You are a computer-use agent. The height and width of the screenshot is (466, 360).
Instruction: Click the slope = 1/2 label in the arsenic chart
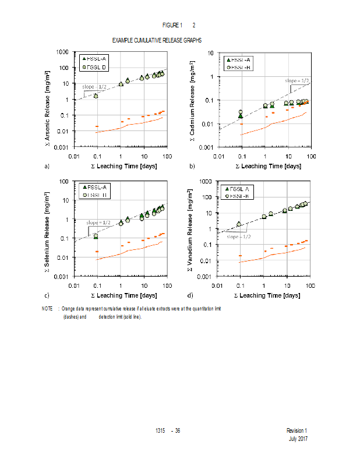[x=94, y=87]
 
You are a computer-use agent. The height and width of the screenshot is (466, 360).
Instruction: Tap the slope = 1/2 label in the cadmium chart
[x=297, y=80]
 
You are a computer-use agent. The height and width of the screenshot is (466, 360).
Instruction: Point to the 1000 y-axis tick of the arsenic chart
[x=63, y=52]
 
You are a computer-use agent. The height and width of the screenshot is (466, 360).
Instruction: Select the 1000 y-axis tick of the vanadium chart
[x=207, y=182]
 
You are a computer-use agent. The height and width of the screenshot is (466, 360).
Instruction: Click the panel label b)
[x=192, y=166]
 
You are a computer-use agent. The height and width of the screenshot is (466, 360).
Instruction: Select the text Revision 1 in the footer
[x=297, y=430]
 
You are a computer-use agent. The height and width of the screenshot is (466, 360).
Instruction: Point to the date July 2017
[x=298, y=439]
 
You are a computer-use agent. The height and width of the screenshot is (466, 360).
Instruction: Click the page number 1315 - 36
[x=168, y=430]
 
